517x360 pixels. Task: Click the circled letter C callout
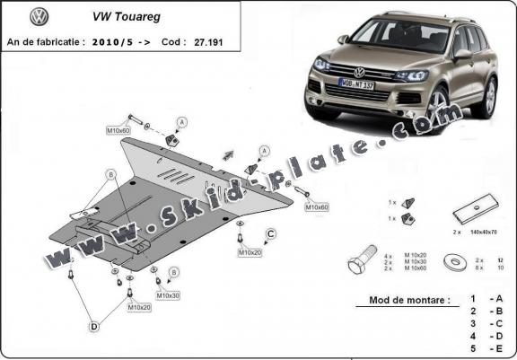[269, 235]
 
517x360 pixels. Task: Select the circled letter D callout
[93, 327]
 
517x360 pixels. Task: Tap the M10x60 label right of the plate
[317, 207]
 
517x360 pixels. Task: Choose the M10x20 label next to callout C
[250, 253]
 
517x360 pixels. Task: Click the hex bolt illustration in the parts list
[358, 263]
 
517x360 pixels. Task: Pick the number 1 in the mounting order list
[472, 298]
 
